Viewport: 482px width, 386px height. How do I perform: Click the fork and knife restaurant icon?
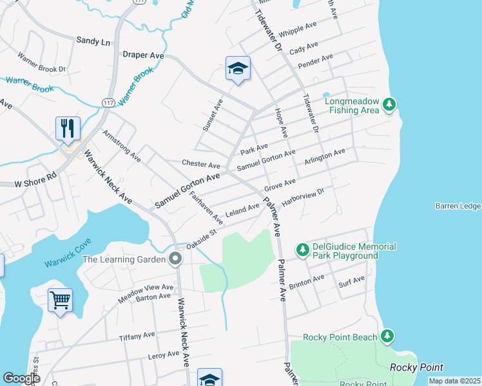68,128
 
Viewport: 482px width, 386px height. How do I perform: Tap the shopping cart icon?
60,300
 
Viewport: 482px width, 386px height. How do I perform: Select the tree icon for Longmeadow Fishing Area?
389,104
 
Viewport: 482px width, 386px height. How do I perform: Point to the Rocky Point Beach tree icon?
387,336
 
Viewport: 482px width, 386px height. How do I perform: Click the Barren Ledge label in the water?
458,206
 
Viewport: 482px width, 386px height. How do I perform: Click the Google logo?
21,378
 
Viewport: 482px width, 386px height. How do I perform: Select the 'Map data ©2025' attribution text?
454,381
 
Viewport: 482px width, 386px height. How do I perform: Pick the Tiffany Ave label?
137,336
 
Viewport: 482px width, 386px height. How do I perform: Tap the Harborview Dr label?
302,196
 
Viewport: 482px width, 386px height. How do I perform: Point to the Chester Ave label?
200,165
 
